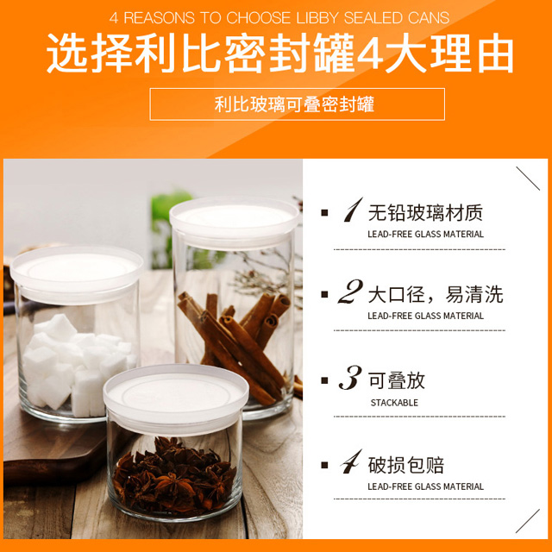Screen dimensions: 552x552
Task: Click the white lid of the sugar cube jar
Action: coord(77,274)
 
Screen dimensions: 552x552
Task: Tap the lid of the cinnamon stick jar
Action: coord(235,222)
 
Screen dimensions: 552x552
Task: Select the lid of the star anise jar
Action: coord(176,398)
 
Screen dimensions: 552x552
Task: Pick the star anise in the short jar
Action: coord(174,476)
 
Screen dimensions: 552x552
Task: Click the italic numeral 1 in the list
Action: coord(353,210)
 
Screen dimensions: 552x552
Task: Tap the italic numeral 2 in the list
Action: coord(350,292)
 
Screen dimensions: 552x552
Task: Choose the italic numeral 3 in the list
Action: coord(350,378)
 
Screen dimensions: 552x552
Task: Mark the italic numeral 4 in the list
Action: coord(352,462)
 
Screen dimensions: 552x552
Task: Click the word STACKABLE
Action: coord(394,403)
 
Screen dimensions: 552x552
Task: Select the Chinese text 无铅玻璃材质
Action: coord(425,213)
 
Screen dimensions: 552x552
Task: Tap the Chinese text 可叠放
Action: coord(397,380)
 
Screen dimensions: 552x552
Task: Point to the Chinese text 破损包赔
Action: coord(406,465)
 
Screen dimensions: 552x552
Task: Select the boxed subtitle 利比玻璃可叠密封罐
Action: coord(294,104)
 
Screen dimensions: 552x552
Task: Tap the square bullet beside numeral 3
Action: coord(324,380)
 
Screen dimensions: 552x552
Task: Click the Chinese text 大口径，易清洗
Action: coord(436,294)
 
